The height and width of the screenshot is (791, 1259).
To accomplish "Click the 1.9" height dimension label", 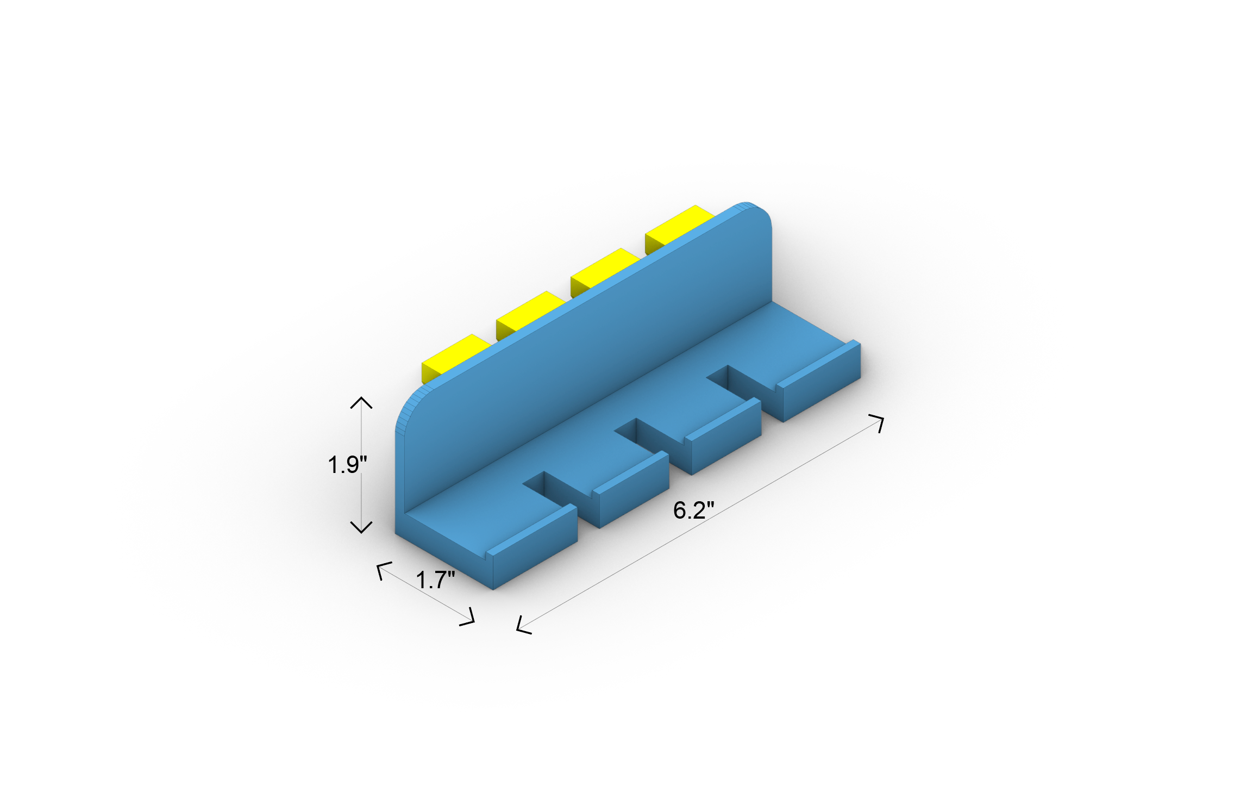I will [347, 465].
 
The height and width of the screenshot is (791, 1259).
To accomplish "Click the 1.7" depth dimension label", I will [435, 580].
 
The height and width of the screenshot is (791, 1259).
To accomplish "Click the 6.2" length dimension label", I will [693, 510].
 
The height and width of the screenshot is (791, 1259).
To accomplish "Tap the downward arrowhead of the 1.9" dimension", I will [361, 528].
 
